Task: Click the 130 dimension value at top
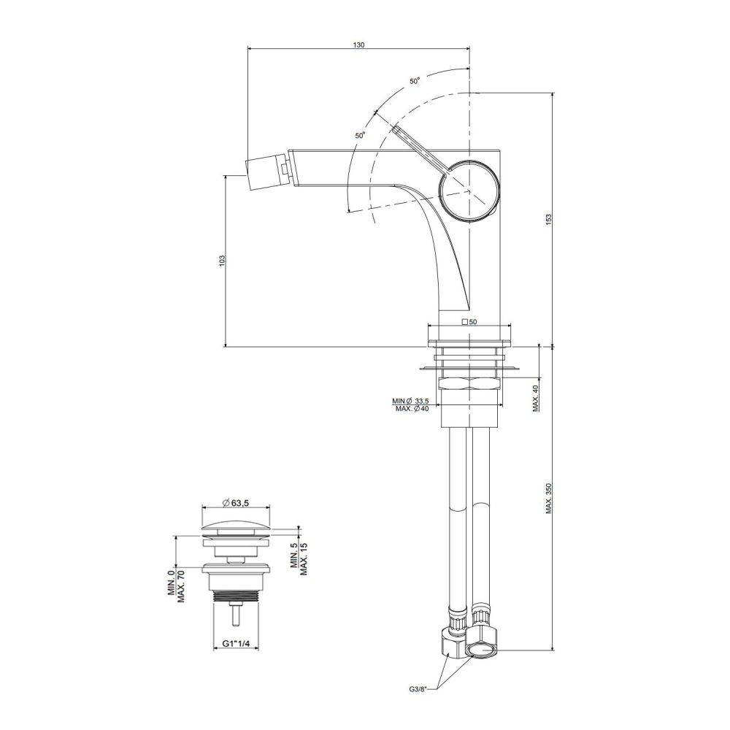coord(358,45)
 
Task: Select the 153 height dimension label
coord(548,219)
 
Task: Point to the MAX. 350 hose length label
coord(549,498)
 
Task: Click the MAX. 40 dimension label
coord(536,398)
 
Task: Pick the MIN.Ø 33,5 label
coord(410,401)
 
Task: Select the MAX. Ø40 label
coord(412,409)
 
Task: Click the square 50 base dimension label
coord(469,322)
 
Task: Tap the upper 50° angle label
coord(415,80)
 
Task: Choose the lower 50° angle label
coord(361,136)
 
